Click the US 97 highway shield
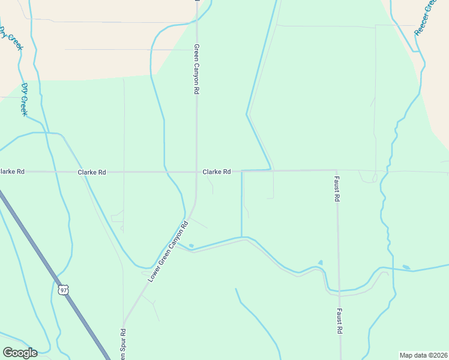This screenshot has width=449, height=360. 64,290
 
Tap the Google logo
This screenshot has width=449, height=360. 20,352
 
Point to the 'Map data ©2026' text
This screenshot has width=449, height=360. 423,355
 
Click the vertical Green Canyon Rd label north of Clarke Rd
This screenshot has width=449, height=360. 196,69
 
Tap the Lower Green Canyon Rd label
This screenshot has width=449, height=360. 168,252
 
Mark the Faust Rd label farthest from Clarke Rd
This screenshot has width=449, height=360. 340,321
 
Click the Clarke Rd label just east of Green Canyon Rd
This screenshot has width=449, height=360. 217,172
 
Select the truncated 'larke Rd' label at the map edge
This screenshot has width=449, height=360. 12,172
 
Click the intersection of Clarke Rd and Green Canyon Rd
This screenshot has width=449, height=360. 196,172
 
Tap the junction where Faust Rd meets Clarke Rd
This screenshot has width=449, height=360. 337,170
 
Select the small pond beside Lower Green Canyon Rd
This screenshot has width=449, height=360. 191,245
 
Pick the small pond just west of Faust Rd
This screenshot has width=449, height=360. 320,262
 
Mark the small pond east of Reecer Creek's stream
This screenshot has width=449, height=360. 406,267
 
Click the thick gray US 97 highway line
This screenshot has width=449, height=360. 36,246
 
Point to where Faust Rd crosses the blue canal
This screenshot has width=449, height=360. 339,291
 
